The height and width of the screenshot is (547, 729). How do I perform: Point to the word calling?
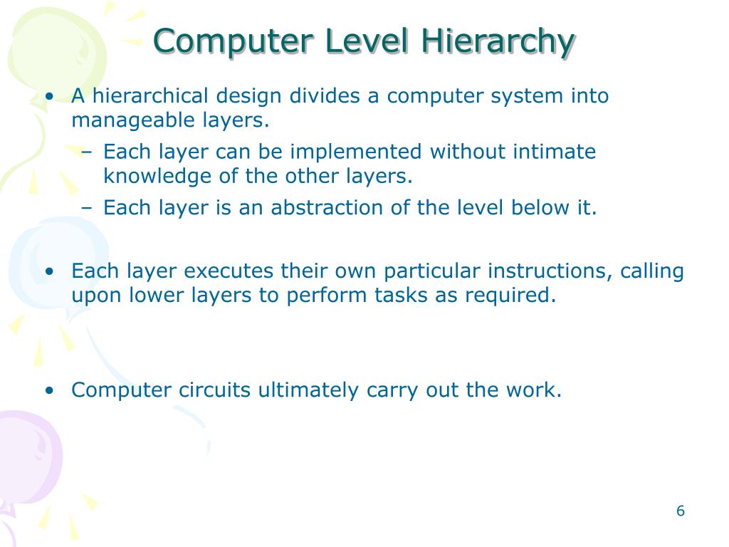point(652,271)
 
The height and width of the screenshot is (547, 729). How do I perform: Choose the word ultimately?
point(309,390)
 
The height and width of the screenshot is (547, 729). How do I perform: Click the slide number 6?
point(680,511)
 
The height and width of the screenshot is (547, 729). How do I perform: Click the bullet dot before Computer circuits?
point(49,390)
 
